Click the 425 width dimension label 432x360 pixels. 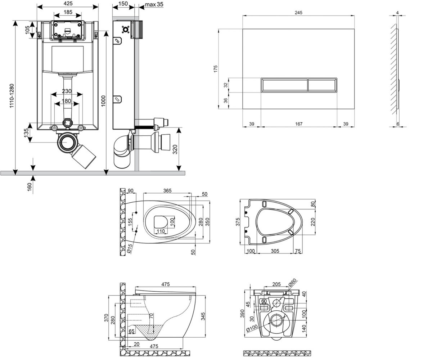[x=68, y=3]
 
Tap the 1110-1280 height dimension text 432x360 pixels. [x=12, y=96]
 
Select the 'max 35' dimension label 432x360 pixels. [x=154, y=4]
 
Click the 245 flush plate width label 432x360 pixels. [x=298, y=13]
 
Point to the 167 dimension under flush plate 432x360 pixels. [x=298, y=124]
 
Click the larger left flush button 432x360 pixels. [x=284, y=85]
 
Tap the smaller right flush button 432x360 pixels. [x=322, y=85]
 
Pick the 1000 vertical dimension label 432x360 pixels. [x=103, y=101]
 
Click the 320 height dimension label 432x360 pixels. [x=175, y=149]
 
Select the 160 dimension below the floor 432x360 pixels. [x=30, y=187]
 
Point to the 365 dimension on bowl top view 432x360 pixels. [x=167, y=190]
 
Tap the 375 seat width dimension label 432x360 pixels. [x=238, y=222]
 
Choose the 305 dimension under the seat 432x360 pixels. [x=275, y=251]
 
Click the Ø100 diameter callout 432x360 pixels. [x=252, y=328]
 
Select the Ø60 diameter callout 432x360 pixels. [x=293, y=283]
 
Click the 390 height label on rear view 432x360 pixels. [x=243, y=314]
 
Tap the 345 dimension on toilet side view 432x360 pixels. [x=203, y=316]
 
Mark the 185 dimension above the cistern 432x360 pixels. [x=68, y=12]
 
